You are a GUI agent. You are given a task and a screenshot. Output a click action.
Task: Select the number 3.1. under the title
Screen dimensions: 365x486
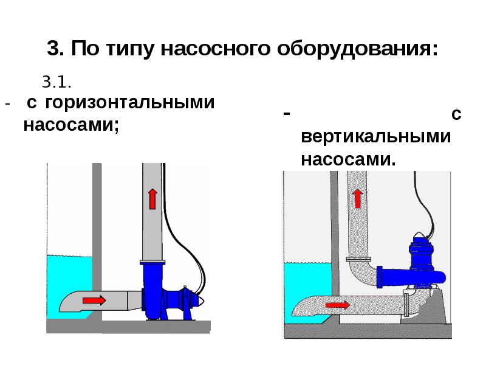(x=57, y=81)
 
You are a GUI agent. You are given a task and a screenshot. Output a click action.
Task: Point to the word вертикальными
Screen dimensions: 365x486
(x=376, y=137)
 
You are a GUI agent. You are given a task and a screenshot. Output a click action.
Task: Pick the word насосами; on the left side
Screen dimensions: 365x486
(x=70, y=125)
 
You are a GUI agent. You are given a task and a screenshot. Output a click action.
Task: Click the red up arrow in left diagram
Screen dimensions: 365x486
(x=152, y=198)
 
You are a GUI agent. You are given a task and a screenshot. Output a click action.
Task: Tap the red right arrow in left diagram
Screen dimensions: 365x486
(x=93, y=299)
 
